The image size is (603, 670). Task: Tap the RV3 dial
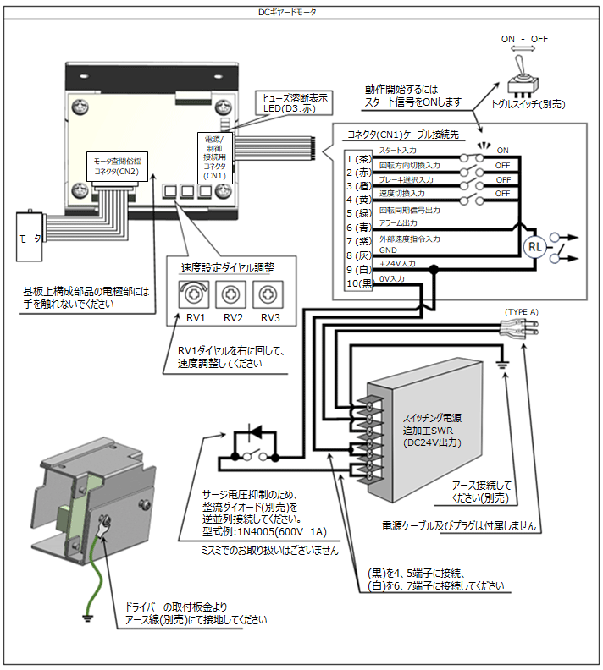[x=269, y=294]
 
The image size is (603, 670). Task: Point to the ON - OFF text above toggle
[x=523, y=40]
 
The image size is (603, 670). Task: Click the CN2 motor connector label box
[x=116, y=164]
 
